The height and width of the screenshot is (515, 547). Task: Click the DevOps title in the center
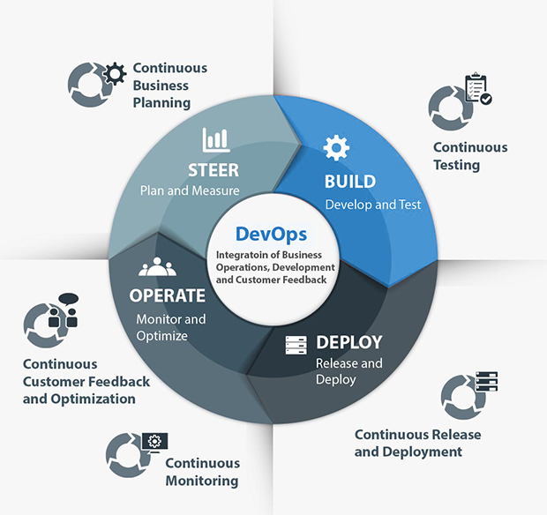[271, 235]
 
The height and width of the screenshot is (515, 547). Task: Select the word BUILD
[349, 182]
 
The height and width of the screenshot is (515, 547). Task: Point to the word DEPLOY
[348, 342]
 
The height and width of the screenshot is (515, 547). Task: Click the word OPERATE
[168, 295]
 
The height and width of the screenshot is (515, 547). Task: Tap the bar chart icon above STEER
[215, 140]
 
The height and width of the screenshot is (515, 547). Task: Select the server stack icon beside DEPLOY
[295, 345]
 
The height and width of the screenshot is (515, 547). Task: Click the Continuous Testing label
[469, 156]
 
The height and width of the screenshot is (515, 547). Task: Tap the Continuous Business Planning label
[169, 86]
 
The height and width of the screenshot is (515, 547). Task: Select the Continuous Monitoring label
[202, 472]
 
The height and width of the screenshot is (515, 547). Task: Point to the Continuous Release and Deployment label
[408, 443]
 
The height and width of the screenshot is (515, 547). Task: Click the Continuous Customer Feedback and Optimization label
[86, 381]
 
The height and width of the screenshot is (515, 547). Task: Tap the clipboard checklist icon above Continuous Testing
[477, 90]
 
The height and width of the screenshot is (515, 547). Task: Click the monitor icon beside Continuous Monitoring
[154, 441]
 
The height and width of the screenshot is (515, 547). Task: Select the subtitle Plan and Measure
[189, 190]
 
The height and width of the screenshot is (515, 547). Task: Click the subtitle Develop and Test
[372, 205]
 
